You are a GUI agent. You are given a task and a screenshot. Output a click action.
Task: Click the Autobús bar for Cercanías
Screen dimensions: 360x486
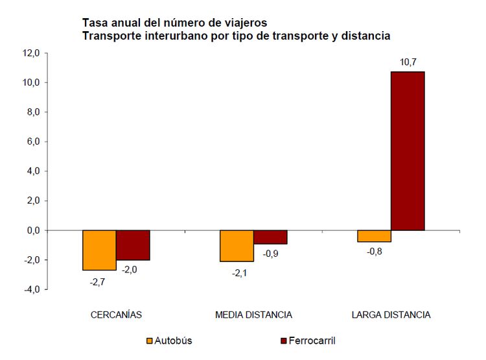(99, 250)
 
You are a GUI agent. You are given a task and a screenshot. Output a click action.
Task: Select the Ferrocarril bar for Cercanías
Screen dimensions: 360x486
(133, 245)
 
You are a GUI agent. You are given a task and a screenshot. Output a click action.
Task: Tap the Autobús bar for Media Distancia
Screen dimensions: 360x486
(237, 246)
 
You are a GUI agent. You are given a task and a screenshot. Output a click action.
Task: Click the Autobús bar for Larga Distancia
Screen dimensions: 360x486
(374, 236)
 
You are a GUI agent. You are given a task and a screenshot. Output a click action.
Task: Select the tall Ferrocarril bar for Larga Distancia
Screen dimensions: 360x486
(408, 150)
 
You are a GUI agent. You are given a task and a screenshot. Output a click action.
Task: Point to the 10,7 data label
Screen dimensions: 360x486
(408, 62)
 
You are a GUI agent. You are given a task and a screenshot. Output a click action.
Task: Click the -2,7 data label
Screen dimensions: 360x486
(98, 282)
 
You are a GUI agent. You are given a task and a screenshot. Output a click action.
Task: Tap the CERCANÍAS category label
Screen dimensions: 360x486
(116, 315)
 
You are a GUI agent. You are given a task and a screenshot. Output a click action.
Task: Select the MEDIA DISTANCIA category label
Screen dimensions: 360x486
(253, 315)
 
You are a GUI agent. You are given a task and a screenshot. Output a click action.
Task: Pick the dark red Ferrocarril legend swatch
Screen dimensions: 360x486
(284, 341)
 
